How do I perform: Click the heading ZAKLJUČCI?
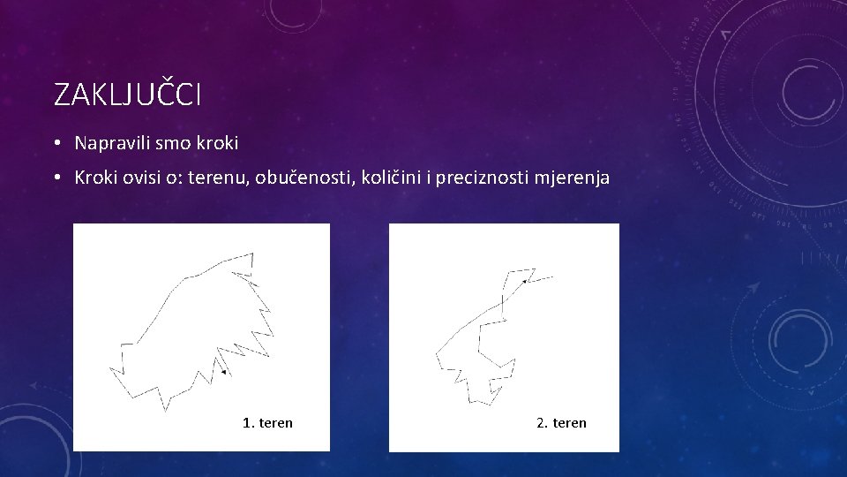tap(127, 95)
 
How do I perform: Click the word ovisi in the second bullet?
tap(140, 178)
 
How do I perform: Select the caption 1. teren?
tap(267, 423)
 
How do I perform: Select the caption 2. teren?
tap(561, 423)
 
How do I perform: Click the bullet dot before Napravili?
tap(56, 143)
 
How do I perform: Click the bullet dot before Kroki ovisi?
tap(56, 178)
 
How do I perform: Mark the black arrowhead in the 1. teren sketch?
tap(224, 373)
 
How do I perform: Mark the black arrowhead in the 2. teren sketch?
tap(524, 281)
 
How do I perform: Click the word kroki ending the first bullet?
tap(219, 142)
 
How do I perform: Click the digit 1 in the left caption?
tap(246, 423)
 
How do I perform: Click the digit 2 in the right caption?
tap(540, 423)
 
